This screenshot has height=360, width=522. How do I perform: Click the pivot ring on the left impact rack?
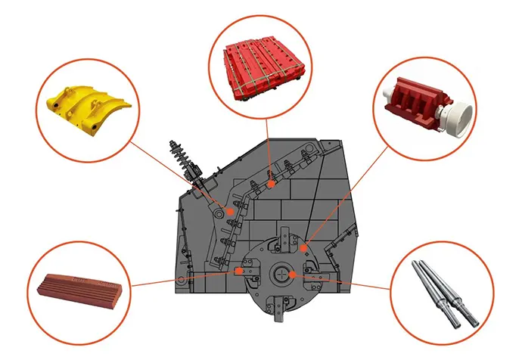pyautogui.click(x=219, y=215)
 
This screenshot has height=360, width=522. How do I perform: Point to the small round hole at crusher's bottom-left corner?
pyautogui.click(x=180, y=281)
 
